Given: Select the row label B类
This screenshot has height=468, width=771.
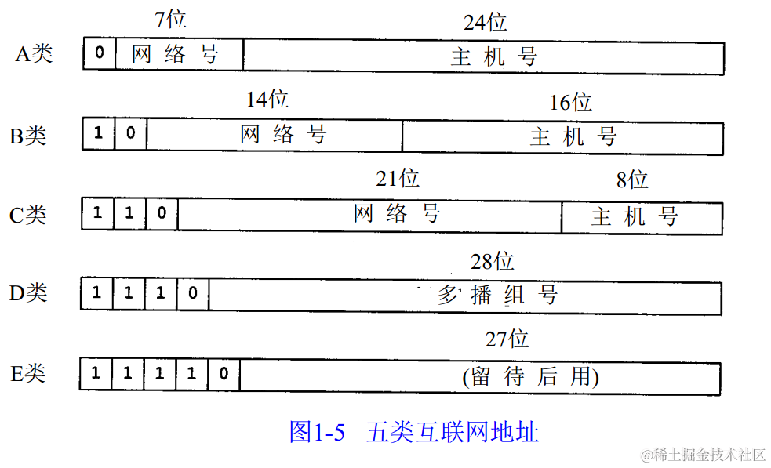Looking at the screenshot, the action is (x=28, y=135).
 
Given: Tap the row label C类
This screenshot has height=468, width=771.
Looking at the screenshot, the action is (x=28, y=214).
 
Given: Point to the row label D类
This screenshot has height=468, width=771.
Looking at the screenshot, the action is (x=28, y=292).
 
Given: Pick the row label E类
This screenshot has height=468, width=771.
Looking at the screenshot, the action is (x=28, y=373).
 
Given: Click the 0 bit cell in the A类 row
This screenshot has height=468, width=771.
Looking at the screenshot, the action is (x=100, y=53).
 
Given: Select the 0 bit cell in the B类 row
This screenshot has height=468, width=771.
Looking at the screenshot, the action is (x=130, y=134).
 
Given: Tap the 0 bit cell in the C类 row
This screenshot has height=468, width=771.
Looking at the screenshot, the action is (x=162, y=213).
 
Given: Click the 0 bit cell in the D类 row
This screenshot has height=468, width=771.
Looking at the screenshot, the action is (x=193, y=294).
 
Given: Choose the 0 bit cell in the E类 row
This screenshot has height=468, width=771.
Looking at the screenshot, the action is (x=224, y=374).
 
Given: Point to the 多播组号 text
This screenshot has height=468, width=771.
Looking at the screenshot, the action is (x=497, y=295).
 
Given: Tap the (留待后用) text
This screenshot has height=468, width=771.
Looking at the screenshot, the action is (x=531, y=377).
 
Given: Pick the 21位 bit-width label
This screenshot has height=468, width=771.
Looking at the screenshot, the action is (x=398, y=179).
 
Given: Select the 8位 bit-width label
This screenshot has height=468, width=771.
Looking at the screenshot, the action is (x=632, y=180).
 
